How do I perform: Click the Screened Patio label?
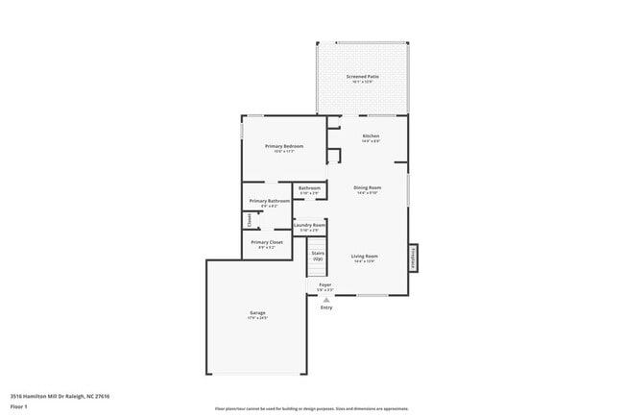pyautogui.click(x=362, y=76)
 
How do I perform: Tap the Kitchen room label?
pyautogui.click(x=371, y=136)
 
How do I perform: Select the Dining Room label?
pyautogui.click(x=367, y=187)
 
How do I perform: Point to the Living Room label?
pyautogui.click(x=364, y=257)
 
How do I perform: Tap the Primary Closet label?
pyautogui.click(x=266, y=242)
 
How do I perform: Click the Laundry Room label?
pyautogui.click(x=309, y=226)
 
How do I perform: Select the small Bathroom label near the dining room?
pyautogui.click(x=309, y=187)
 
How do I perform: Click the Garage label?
pyautogui.click(x=257, y=312)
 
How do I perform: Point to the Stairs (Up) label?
pyautogui.click(x=317, y=256)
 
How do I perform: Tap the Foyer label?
pyautogui.click(x=325, y=285)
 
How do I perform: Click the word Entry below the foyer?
pyautogui.click(x=326, y=307)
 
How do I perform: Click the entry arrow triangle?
pyautogui.click(x=326, y=299)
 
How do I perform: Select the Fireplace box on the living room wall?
pyautogui.click(x=415, y=258)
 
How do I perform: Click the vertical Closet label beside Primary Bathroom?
pyautogui.click(x=248, y=220)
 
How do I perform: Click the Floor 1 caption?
pyautogui.click(x=19, y=405)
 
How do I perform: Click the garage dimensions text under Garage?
pyautogui.click(x=257, y=318)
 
